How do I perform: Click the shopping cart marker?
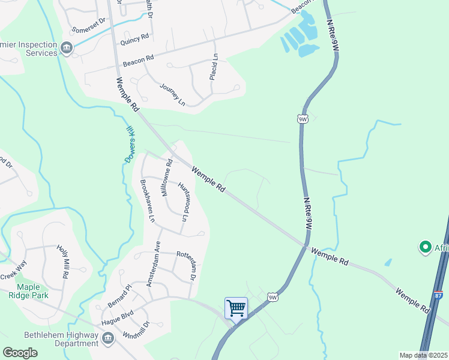coord(236,308)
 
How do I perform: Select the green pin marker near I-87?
coord(426,247)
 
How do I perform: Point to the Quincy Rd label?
coord(134,38)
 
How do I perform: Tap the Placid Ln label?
coord(214,67)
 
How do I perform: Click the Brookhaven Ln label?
coord(147,200)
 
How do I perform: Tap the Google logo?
coord(20,352)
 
